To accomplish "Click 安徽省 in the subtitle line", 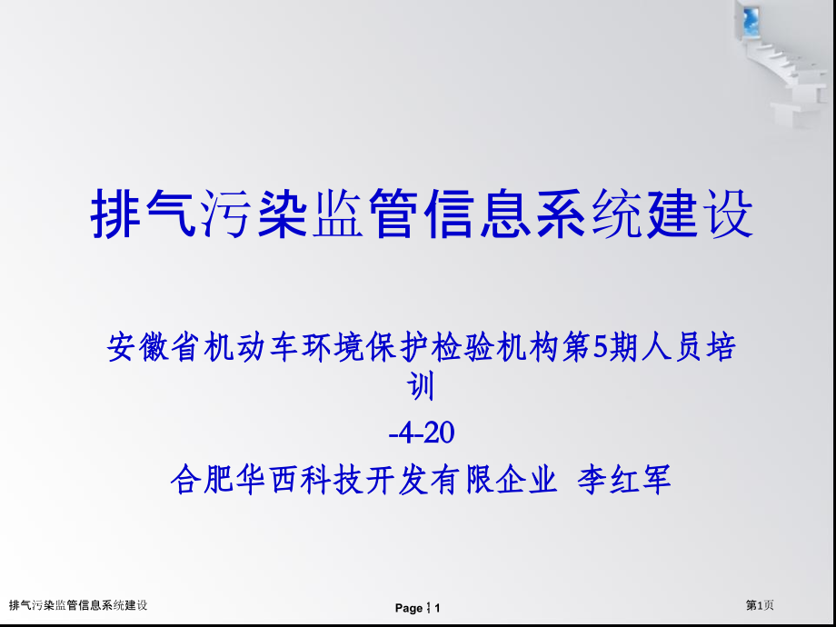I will click(x=154, y=349).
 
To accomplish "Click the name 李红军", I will click(x=624, y=479).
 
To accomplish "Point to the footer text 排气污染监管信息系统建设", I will click(x=78, y=605).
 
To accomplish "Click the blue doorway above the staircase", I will click(x=751, y=20).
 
